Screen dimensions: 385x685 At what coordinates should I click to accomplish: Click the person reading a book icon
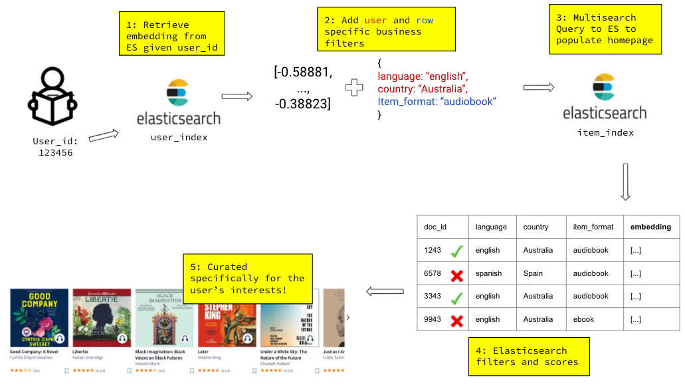pyautogui.click(x=51, y=100)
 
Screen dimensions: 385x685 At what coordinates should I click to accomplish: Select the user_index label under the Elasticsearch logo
pyautogui.click(x=179, y=138)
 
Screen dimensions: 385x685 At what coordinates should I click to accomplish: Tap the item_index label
pyautogui.click(x=605, y=132)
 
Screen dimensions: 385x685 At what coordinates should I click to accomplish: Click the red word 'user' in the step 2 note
pyautogui.click(x=375, y=20)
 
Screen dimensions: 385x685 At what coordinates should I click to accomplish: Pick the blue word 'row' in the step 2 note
pyautogui.click(x=425, y=20)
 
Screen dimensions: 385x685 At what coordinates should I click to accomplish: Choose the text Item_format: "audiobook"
pyautogui.click(x=437, y=101)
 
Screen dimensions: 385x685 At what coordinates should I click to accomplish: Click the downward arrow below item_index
pyautogui.click(x=625, y=182)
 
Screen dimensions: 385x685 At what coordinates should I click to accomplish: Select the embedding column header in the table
pyautogui.click(x=650, y=227)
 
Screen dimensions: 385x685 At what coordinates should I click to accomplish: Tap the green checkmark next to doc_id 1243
pyautogui.click(x=456, y=251)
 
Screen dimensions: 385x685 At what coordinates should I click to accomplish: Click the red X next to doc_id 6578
pyautogui.click(x=456, y=274)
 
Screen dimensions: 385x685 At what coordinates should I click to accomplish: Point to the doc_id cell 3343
pyautogui.click(x=433, y=296)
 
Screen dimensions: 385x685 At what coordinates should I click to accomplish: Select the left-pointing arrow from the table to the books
pyautogui.click(x=385, y=291)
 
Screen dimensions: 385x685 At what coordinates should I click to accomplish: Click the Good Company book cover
pyautogui.click(x=39, y=318)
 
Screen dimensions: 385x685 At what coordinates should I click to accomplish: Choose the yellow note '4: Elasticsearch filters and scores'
pyautogui.click(x=529, y=356)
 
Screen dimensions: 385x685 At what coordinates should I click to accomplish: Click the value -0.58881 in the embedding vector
pyautogui.click(x=304, y=72)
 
